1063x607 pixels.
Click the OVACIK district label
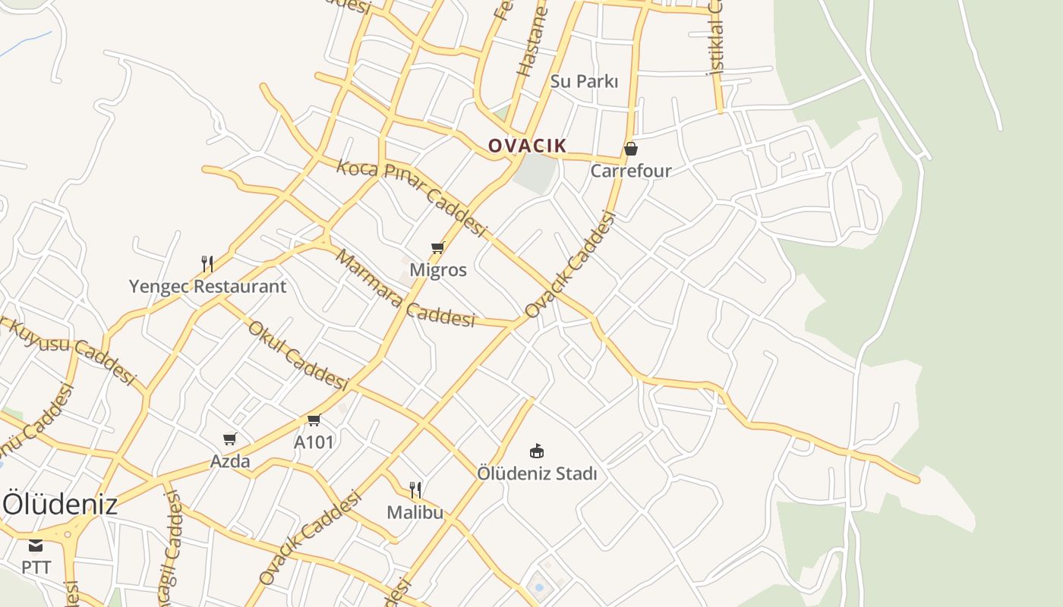point(527,146)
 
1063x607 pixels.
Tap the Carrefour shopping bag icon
point(631,149)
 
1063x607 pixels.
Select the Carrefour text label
point(631,171)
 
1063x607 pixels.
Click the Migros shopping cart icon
point(437,247)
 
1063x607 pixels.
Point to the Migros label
point(438,270)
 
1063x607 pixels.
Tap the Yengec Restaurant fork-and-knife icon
point(207,263)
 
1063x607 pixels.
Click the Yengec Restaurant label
point(207,287)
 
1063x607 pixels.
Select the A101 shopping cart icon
point(314,420)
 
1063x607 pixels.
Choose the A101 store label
point(314,442)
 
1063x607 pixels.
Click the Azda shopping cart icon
point(230,439)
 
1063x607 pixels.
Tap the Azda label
point(230,461)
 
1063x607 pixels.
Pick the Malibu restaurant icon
point(415,489)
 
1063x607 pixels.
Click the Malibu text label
point(415,512)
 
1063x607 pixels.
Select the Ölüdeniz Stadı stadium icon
point(537,451)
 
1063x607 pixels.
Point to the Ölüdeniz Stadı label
point(537,474)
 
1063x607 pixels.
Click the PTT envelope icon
point(36,545)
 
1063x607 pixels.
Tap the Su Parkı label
point(584,81)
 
